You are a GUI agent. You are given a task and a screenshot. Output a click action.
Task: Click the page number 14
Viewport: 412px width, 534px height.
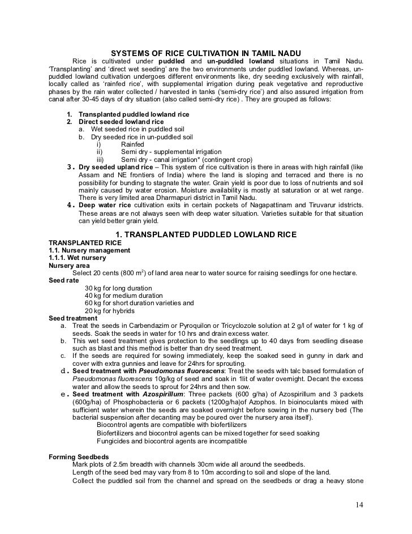coord(359,505)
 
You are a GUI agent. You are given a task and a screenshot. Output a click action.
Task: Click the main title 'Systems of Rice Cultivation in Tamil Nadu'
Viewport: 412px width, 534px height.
coord(205,52)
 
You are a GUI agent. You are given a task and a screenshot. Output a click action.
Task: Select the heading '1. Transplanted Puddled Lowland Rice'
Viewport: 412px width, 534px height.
coord(205,234)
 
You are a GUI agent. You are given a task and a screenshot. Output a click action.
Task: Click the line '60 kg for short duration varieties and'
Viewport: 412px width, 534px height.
coord(139,303)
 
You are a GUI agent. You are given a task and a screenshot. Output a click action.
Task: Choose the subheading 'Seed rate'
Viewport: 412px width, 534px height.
coord(65,280)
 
